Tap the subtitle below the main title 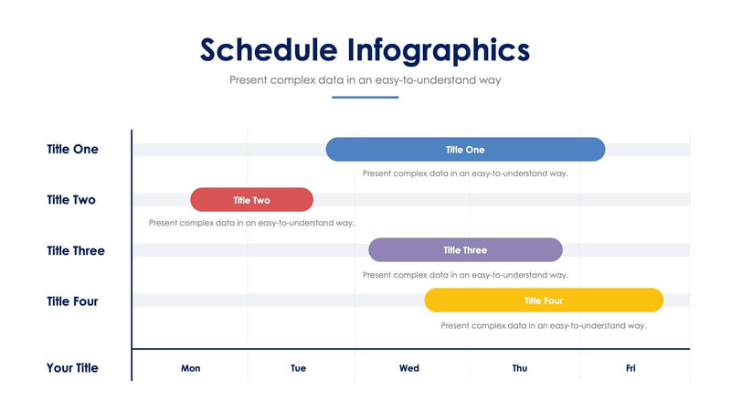tap(365, 80)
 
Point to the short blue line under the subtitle tap(365, 97)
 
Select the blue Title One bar tap(465, 150)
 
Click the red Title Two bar tap(251, 200)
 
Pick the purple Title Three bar tap(465, 250)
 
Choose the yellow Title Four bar tap(544, 300)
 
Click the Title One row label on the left tap(72, 150)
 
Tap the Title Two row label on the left tap(71, 200)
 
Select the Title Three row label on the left tap(76, 250)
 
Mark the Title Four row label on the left tap(72, 300)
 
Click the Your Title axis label tap(72, 368)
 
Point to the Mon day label tap(191, 369)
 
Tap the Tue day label tap(299, 369)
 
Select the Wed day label tap(409, 369)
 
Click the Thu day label tap(519, 369)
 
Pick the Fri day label tap(630, 369)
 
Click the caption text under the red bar tap(251, 223)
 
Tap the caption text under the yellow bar tap(544, 325)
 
